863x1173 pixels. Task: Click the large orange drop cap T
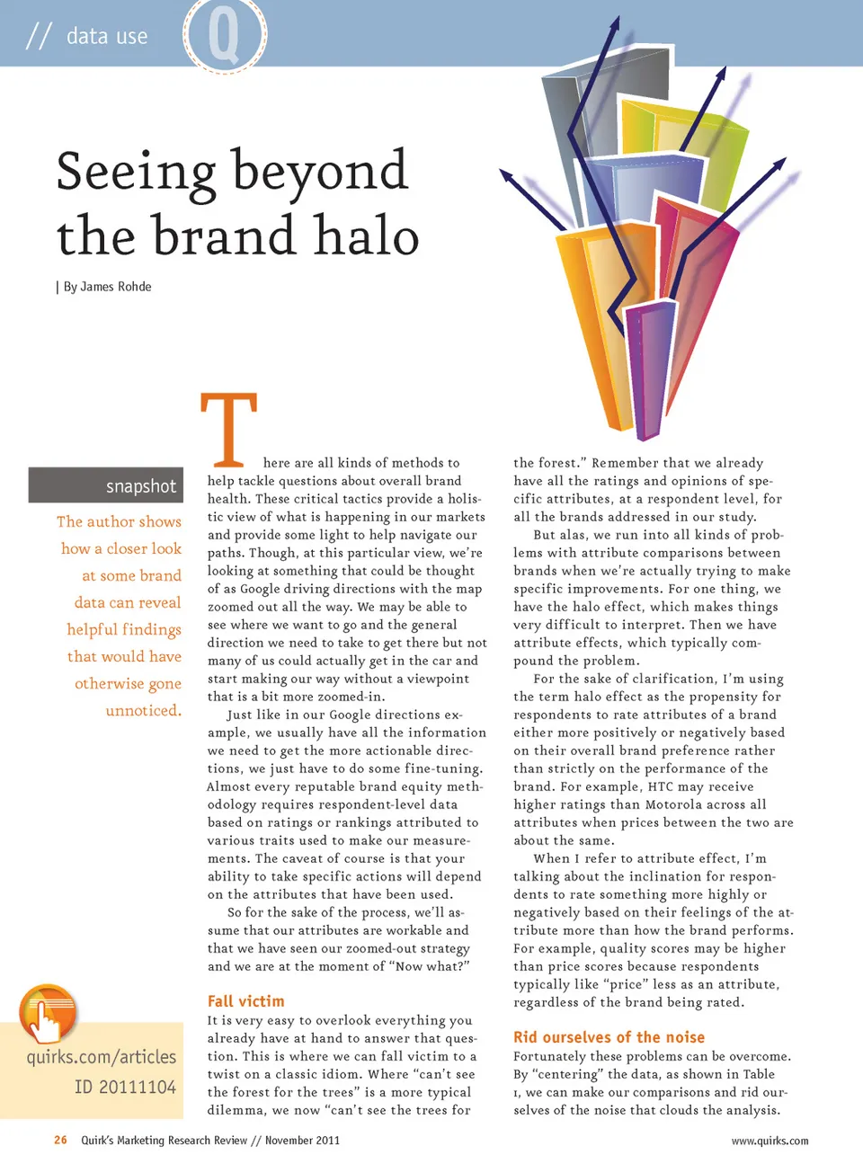(x=228, y=429)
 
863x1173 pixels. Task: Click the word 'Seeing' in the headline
(x=136, y=173)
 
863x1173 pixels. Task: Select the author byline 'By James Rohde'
(x=107, y=287)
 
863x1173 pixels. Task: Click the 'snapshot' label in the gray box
(x=140, y=486)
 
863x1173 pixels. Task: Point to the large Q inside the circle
(x=224, y=35)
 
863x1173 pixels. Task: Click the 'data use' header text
(x=107, y=36)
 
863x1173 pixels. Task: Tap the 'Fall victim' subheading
(x=245, y=1001)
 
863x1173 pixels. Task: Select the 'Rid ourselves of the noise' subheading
(x=609, y=1037)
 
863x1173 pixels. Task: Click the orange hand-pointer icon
(x=48, y=1013)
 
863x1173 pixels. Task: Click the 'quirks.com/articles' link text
(x=102, y=1057)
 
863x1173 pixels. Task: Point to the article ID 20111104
(x=125, y=1087)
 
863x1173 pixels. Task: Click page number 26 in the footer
(x=60, y=1140)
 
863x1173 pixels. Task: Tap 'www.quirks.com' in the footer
(x=770, y=1141)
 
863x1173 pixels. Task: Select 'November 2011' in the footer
(x=302, y=1140)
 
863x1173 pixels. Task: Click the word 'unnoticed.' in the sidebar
(x=143, y=710)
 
